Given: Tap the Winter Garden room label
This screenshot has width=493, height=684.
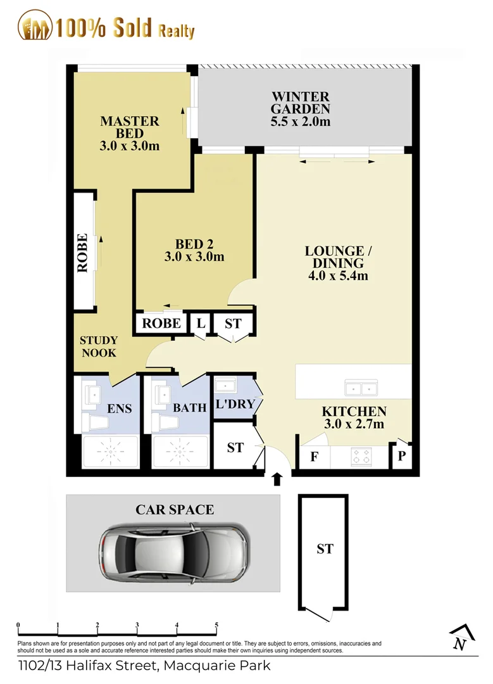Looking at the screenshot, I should point(300,109).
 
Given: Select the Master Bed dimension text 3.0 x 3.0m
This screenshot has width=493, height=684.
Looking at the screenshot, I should point(130,146).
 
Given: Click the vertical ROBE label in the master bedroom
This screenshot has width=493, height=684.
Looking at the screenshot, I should point(82,253).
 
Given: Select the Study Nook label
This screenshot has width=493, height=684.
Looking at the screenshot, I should point(99,346).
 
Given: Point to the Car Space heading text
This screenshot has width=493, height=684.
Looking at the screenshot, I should point(175,509).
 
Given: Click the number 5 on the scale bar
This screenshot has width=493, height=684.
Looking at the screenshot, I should point(216,625).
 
